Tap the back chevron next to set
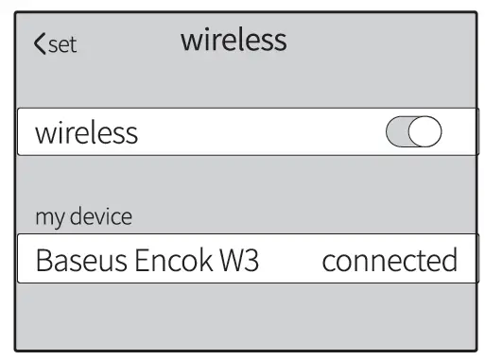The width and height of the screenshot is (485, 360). (x=39, y=43)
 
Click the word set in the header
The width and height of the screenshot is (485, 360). (x=62, y=44)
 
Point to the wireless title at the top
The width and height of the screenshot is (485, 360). (x=234, y=40)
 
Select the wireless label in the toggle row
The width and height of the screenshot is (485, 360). (x=86, y=133)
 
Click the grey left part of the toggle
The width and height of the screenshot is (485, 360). (x=398, y=133)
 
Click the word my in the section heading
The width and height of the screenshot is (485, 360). (x=47, y=217)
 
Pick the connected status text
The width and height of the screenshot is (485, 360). (x=390, y=260)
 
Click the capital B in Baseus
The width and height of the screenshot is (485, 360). (x=43, y=260)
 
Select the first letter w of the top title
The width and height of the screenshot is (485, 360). (x=189, y=41)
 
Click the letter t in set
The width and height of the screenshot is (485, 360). (x=73, y=44)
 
